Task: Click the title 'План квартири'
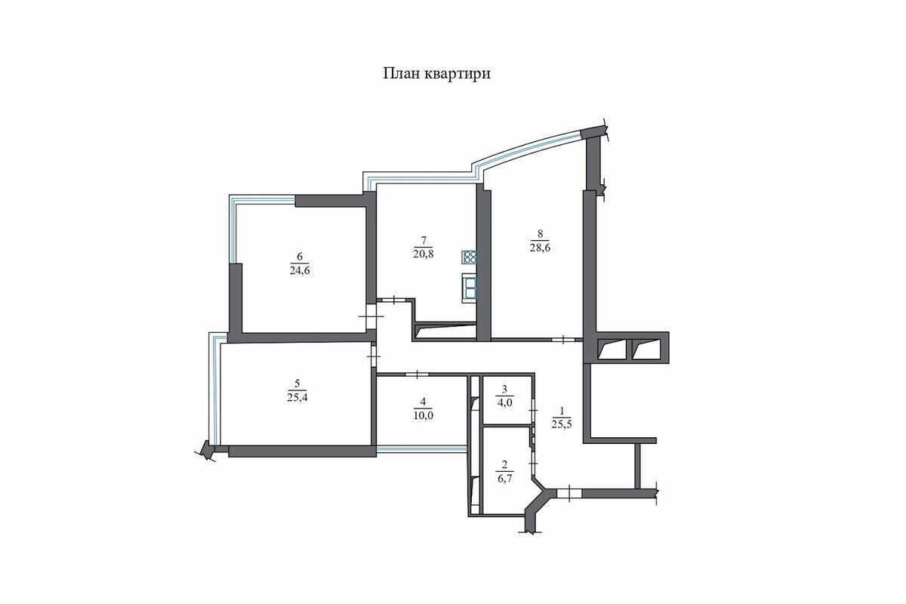pos(437,74)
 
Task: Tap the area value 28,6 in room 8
pos(540,248)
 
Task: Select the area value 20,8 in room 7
pos(424,254)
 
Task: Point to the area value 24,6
pos(300,270)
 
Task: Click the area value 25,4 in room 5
pos(297,397)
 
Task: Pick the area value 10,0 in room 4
pos(423,415)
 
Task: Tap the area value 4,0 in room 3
pos(504,403)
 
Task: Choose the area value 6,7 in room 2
pos(504,479)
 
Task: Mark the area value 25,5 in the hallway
pos(562,424)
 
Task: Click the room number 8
pos(540,233)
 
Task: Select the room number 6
pos(300,257)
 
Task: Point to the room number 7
pos(424,240)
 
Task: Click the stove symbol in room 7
pos(470,257)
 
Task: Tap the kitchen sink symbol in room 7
pos(470,288)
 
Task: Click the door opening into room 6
pos(371,316)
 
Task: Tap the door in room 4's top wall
pos(417,374)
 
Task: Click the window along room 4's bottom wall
pos(421,448)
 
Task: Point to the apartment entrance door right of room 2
pos(569,493)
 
